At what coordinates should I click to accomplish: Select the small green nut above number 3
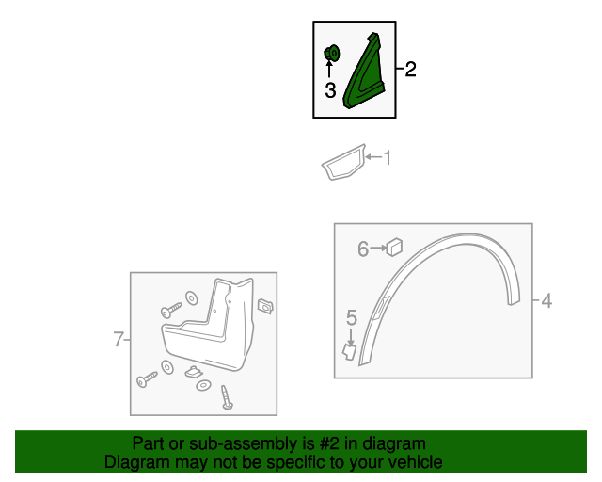tap(332, 54)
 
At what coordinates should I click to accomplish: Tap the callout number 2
tap(410, 69)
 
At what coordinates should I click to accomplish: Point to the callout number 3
tap(330, 90)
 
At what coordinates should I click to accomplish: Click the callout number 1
tap(388, 157)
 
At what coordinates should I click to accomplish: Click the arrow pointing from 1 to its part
tap(373, 157)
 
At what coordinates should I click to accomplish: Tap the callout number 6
tap(363, 249)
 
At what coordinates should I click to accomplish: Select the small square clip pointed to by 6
tap(394, 248)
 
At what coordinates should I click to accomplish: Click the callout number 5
tap(352, 318)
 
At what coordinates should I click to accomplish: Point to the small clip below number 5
tap(349, 352)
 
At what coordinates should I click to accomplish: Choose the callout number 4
tap(547, 300)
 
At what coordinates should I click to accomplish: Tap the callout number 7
tap(119, 340)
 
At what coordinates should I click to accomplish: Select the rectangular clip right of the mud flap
tap(265, 306)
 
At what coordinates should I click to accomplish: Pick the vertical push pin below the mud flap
tap(227, 397)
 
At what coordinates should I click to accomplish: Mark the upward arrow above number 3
tap(329, 69)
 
